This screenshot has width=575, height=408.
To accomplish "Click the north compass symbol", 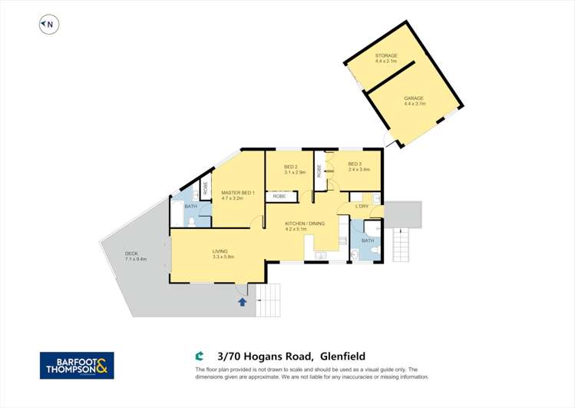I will [x=48, y=25].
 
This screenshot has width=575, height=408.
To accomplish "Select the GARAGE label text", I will [x=414, y=100].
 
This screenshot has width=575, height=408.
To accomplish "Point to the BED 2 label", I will [x=291, y=168].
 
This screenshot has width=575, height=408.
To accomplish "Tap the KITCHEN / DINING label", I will [x=305, y=225].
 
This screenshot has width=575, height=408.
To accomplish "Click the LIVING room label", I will [x=221, y=254].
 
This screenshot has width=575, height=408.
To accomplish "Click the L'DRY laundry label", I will [x=362, y=207].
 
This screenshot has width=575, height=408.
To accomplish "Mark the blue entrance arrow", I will [x=243, y=303].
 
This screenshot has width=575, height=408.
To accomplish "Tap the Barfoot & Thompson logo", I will [x=77, y=365].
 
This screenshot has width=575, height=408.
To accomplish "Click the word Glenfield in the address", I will [x=342, y=356].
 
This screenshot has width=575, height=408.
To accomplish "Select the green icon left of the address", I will [x=200, y=356].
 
